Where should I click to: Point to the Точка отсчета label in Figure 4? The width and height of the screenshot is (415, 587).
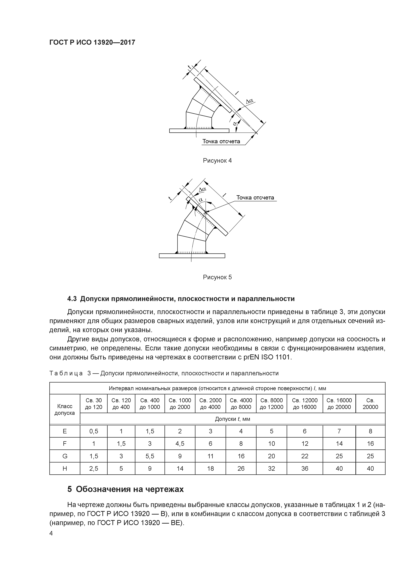click(x=221, y=141)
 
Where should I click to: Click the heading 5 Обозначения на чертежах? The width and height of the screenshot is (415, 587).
click(x=126, y=489)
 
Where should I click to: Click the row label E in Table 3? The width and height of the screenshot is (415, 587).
click(x=65, y=431)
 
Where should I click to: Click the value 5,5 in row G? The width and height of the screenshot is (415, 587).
click(x=150, y=456)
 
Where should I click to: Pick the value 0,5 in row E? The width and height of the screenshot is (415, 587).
click(x=94, y=431)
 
